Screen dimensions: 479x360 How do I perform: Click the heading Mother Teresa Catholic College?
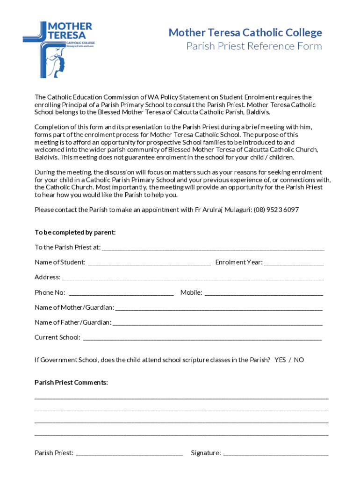[245, 32]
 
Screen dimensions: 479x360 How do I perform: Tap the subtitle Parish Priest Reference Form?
[254, 46]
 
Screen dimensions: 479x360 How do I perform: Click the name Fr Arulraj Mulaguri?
[223, 210]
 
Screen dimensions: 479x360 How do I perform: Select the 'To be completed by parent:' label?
[75, 232]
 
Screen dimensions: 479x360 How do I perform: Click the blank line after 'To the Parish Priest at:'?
[213, 247]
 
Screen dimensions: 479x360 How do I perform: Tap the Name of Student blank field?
[149, 262]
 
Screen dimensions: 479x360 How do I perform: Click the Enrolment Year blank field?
[294, 262]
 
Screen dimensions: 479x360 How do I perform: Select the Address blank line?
[193, 277]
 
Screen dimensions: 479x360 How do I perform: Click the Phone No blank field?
[121, 293]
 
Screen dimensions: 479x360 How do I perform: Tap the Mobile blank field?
[264, 293]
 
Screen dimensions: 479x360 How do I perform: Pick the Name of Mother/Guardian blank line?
[218, 308]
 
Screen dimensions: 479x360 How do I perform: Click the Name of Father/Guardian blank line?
[217, 323]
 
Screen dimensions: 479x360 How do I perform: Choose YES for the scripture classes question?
[280, 360]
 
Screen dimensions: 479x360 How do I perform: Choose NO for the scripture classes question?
[299, 360]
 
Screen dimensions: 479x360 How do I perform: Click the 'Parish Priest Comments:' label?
[71, 383]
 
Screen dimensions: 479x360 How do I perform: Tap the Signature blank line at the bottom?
[276, 453]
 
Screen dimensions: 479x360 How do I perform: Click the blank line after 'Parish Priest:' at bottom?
[130, 453]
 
